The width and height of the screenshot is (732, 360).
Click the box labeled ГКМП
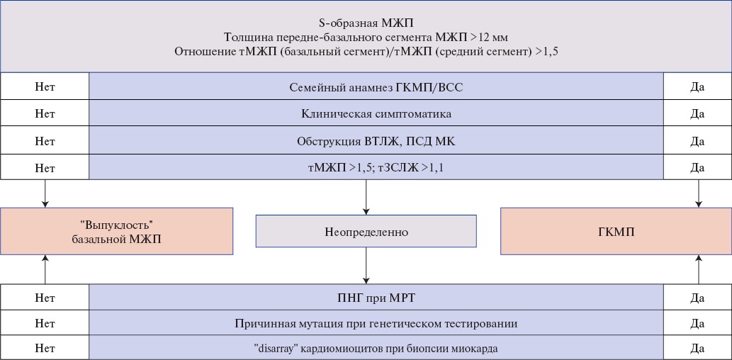[x=616, y=231]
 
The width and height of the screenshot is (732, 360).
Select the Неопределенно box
[x=366, y=231]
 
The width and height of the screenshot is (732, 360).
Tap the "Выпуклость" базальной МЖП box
[x=116, y=231]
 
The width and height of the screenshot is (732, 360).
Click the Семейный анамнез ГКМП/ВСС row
[x=376, y=87]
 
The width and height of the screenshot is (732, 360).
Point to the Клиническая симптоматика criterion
[x=376, y=113]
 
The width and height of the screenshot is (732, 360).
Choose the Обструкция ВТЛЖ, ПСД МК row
[x=376, y=140]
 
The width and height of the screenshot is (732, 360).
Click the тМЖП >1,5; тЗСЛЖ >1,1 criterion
[x=376, y=167]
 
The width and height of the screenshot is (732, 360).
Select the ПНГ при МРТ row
[x=376, y=298]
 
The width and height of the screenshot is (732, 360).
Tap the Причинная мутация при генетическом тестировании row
[x=376, y=323]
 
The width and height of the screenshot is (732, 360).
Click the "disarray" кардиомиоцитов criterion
[x=376, y=348]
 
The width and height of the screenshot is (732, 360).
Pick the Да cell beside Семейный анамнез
[x=697, y=87]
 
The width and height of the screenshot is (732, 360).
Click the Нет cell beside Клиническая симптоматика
[x=45, y=113]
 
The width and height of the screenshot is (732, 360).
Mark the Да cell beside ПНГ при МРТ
[x=697, y=298]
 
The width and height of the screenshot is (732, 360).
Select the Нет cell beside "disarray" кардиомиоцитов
[x=45, y=348]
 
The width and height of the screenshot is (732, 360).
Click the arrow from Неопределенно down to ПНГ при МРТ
[x=366, y=266]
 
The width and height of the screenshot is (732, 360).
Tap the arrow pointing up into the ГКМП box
[x=699, y=269]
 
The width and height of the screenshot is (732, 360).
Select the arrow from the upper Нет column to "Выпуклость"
[x=45, y=193]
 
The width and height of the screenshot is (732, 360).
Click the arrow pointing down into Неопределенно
[x=366, y=197]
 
